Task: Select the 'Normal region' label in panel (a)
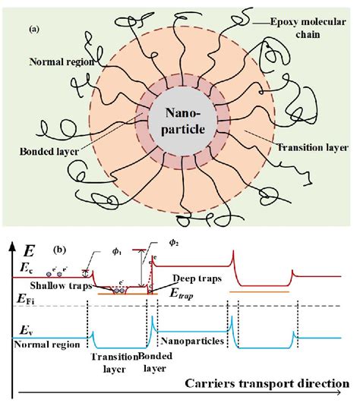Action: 58,61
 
